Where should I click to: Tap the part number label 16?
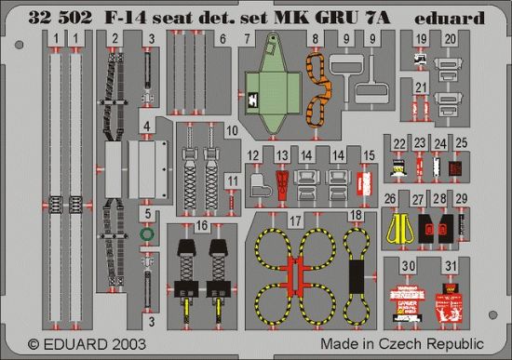tap(202, 226)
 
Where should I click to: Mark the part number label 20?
tap(451, 39)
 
